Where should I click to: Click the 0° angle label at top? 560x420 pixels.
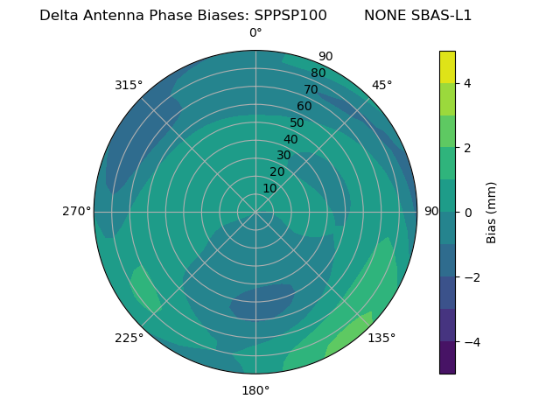coord(255,33)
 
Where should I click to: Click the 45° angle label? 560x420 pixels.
coord(381,85)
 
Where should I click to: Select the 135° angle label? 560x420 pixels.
coord(381,338)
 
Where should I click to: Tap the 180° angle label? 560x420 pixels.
coord(255,390)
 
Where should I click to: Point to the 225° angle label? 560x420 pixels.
coord(129,338)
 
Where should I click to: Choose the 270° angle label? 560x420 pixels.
coord(76,211)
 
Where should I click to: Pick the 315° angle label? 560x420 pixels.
coord(129,85)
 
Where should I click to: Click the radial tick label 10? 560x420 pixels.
coord(269,188)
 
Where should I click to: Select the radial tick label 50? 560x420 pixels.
coord(297,122)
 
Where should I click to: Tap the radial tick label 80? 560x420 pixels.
coord(318,73)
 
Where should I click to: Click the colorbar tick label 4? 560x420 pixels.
coord(468,83)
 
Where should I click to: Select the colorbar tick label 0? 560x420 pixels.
coord(468,212)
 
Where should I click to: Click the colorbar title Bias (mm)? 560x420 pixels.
coord(492,212)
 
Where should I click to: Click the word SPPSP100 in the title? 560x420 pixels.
coord(290,16)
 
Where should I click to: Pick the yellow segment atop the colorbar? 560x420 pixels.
coord(447,66)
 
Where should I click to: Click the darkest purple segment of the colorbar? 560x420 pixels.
coord(447,357)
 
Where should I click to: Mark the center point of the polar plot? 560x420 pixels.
coord(255,212)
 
